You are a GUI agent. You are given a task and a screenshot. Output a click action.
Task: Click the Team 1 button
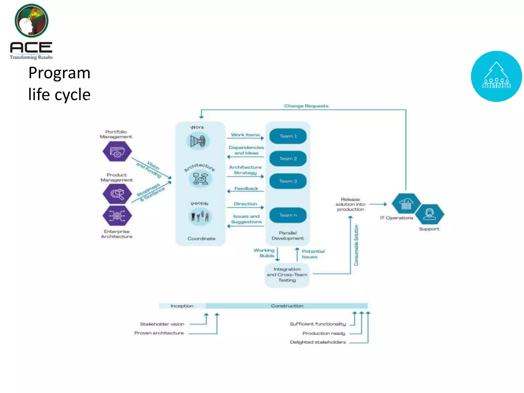pos(288,136)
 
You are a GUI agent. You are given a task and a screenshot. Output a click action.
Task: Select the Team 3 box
pos(288,181)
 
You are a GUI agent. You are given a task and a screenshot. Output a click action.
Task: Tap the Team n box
pos(288,215)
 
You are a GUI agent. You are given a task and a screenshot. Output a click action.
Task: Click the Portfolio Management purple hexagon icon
pos(117,151)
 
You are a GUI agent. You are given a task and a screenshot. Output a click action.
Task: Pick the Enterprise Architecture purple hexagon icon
pos(117,215)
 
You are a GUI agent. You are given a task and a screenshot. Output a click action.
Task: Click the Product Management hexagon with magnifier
pos(117,194)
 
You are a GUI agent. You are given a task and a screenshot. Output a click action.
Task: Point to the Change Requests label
pos(306,106)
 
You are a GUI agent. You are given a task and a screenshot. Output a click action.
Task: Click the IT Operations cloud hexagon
pos(406,203)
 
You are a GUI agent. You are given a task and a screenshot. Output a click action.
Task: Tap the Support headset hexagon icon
pos(430,214)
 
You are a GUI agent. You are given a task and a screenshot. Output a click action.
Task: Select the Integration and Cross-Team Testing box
pos(287,275)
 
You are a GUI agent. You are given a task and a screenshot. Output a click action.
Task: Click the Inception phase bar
pos(182,306)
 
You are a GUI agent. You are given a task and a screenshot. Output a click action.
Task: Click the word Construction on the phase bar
pos(287,306)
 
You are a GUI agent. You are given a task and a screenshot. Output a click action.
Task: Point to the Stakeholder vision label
pos(162,324)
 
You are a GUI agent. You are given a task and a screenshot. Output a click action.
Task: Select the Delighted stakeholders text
pos(318,342)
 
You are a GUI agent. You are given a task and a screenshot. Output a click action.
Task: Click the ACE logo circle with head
pos(31,21)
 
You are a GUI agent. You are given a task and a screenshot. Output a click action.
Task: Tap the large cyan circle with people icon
pos(496,76)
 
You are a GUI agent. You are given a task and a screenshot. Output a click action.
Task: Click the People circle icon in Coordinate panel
pos(200,217)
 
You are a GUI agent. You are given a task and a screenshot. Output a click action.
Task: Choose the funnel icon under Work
pos(198,141)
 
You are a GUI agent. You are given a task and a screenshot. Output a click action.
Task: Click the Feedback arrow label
pos(246,189)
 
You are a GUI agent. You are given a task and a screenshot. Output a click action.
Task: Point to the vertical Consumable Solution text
pos(356,245)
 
